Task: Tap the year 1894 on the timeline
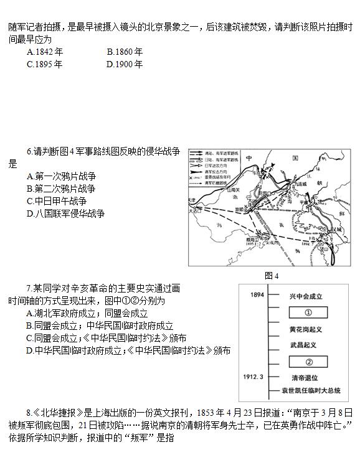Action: point(254,296)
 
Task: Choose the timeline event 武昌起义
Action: point(304,345)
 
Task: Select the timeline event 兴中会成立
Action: point(306,297)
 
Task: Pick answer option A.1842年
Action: point(44,52)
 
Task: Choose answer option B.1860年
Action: point(125,52)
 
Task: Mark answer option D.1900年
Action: point(125,64)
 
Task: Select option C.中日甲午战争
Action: point(57,201)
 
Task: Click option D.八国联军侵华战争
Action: point(65,213)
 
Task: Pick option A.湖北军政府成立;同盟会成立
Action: point(87,313)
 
